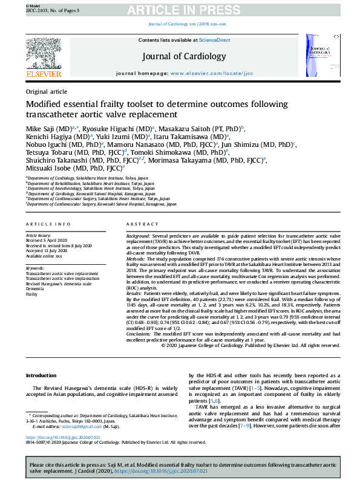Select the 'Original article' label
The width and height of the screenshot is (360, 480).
tap(47, 91)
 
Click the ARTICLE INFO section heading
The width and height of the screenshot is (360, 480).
tap(48, 224)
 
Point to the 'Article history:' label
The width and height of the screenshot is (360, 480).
tap(39, 235)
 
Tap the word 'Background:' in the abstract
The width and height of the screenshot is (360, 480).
tap(138, 235)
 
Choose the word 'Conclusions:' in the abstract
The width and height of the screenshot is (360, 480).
tap(140, 334)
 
